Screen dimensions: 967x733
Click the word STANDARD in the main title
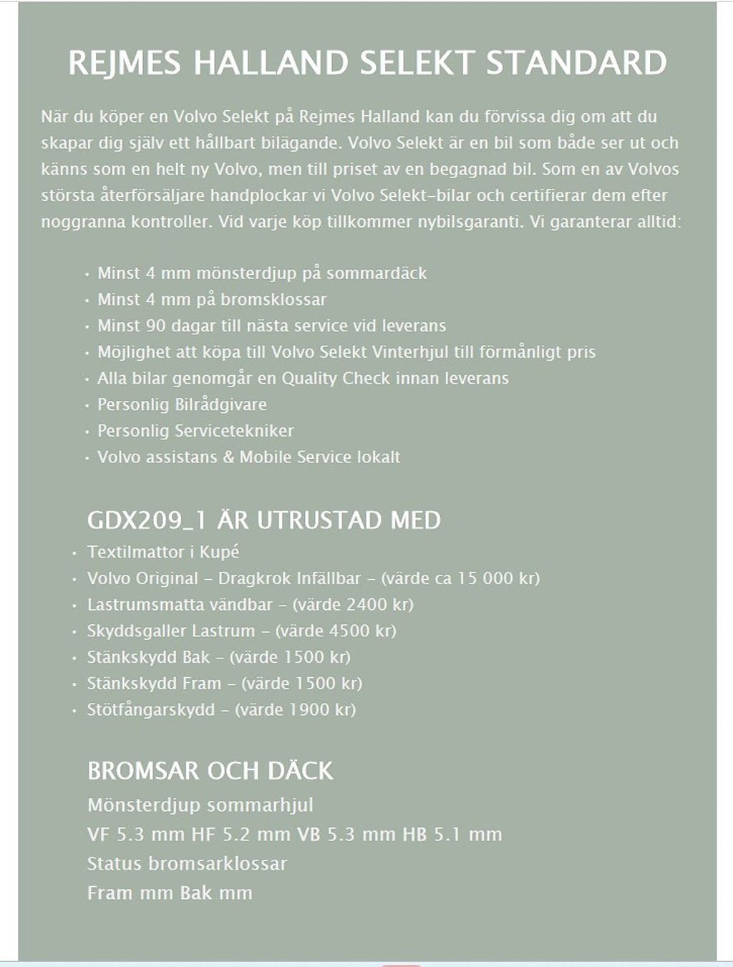click(x=576, y=63)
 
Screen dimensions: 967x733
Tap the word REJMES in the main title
click(x=125, y=63)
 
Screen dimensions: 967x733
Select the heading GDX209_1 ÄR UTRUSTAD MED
click(x=263, y=520)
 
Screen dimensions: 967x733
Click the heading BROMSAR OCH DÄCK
click(x=210, y=771)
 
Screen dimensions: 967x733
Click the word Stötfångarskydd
click(x=150, y=710)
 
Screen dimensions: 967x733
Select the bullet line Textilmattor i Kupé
click(x=163, y=552)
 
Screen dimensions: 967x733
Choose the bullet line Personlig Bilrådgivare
click(x=182, y=404)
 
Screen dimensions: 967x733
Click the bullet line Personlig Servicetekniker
click(x=195, y=431)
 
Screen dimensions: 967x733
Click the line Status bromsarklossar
click(x=187, y=863)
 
